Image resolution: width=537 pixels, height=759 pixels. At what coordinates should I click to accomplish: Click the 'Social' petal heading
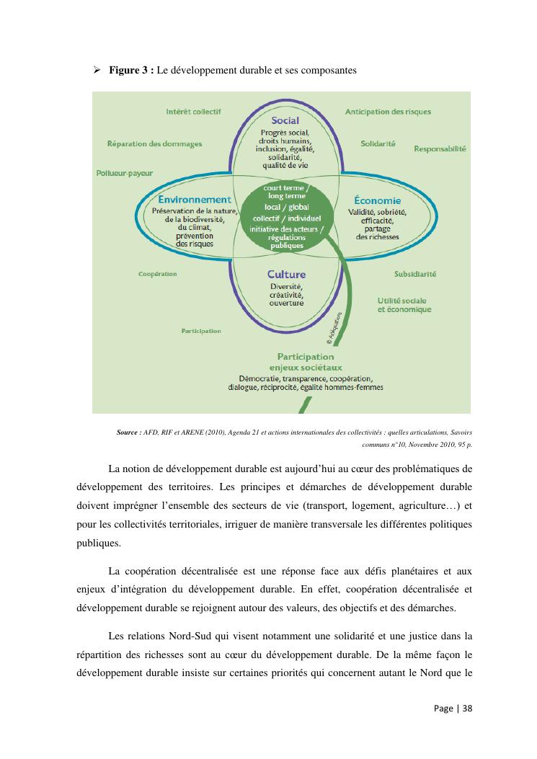(x=285, y=120)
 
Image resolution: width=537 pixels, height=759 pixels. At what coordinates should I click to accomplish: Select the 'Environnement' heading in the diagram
(x=195, y=200)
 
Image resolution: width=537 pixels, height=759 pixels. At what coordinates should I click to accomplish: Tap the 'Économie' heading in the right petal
(x=377, y=200)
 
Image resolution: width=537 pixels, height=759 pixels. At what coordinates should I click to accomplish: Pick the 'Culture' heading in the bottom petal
(x=286, y=274)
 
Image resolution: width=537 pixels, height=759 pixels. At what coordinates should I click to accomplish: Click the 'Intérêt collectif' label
(x=193, y=112)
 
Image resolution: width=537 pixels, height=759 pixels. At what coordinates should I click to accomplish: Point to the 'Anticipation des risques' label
(x=388, y=112)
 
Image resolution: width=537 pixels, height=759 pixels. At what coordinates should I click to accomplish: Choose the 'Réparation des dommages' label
(x=154, y=143)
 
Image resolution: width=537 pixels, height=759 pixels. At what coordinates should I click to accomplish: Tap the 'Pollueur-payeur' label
(x=124, y=173)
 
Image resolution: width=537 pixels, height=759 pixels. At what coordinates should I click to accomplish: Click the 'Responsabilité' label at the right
(x=440, y=148)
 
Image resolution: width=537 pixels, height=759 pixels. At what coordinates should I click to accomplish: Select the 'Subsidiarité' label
(x=414, y=274)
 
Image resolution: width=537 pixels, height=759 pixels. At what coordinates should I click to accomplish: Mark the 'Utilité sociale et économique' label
(x=404, y=305)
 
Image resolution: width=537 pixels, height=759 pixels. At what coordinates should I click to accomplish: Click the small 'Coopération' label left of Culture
(x=157, y=274)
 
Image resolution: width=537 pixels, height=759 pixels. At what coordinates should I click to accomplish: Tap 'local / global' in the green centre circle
(x=286, y=207)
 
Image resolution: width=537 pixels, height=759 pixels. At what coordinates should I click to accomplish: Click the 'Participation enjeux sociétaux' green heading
(x=306, y=362)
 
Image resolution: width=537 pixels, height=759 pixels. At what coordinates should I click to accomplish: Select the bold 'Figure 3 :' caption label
(x=131, y=71)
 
